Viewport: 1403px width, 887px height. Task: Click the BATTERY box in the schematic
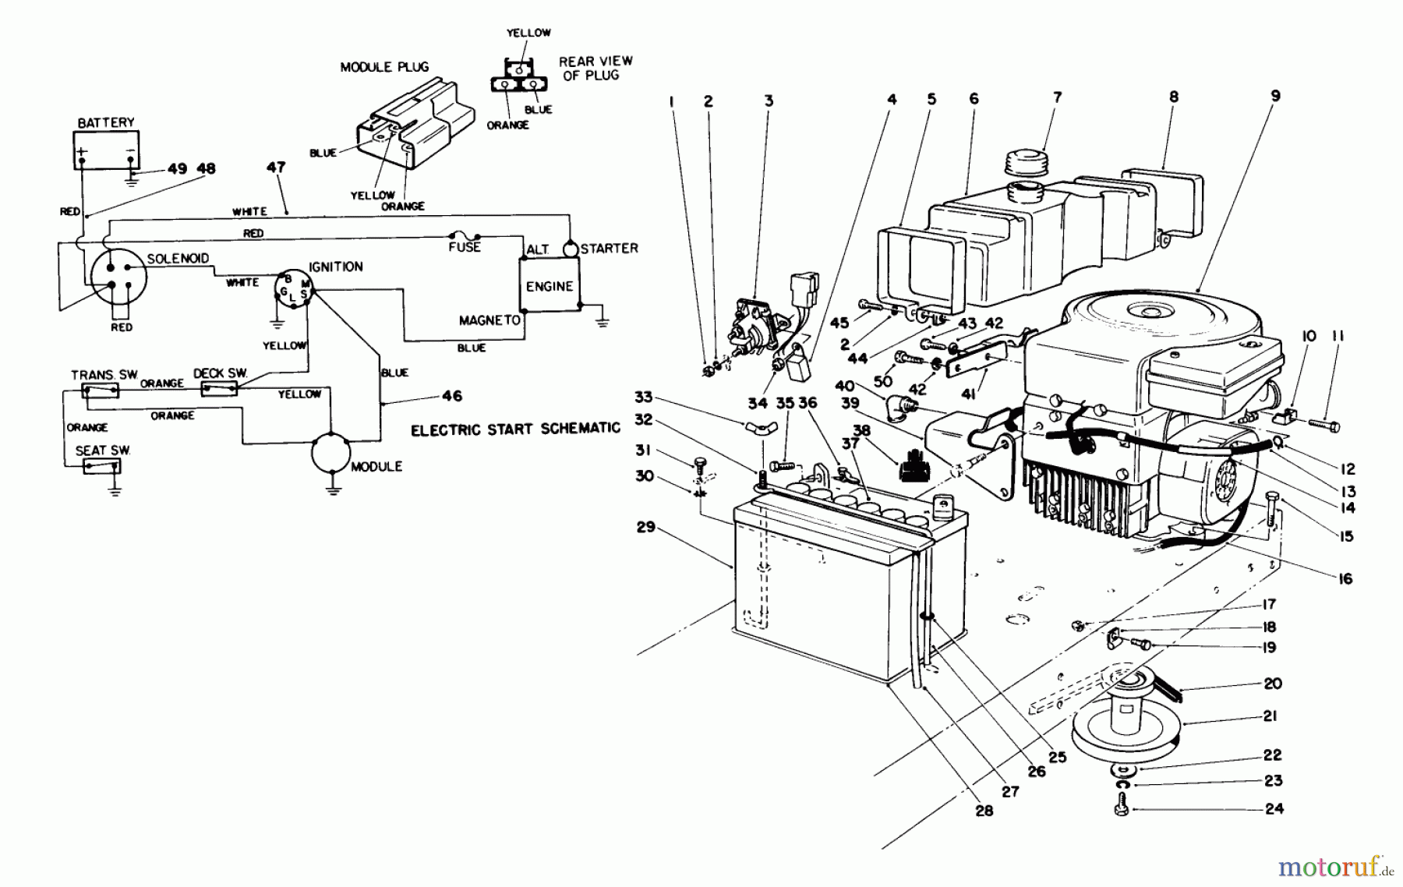106,148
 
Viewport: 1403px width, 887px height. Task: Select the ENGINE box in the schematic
550,286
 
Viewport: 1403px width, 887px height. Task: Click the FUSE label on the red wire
465,247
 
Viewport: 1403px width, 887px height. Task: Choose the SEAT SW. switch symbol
102,466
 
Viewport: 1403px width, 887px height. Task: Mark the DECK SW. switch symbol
220,388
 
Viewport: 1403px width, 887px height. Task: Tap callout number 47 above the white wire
276,168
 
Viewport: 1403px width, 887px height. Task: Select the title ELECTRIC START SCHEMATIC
515,429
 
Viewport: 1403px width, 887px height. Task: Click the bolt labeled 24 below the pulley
1121,803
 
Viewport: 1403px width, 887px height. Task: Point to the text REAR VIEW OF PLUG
596,68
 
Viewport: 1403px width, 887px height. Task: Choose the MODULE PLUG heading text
384,67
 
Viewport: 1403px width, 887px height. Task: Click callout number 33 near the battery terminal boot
643,398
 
